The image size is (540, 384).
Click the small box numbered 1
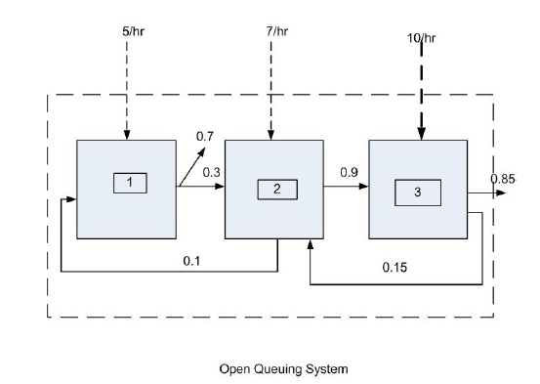pos(128,182)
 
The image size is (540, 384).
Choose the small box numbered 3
pos(418,192)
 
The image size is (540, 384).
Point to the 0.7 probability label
pos(205,137)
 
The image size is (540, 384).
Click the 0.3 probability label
pos(211,172)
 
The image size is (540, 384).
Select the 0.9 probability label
pos(349,172)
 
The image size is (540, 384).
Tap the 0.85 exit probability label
pos(503,179)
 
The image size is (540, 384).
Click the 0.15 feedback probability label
pos(395,267)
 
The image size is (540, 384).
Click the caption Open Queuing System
pos(283,368)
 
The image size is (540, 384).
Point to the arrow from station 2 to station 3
pos(346,188)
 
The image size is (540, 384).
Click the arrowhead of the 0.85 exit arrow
pos(502,192)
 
